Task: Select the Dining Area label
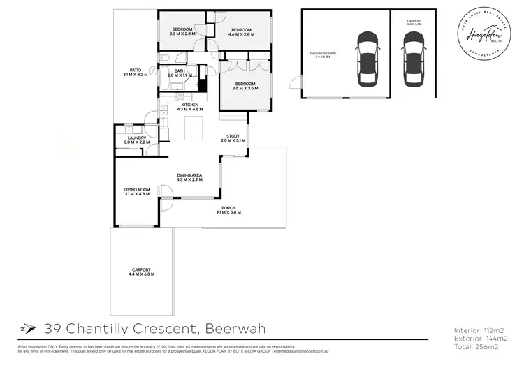(x=191, y=177)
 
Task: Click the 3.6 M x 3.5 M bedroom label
(x=245, y=87)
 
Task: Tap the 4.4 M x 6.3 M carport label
(x=140, y=272)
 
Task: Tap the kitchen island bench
(x=194, y=129)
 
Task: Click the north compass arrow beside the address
(x=27, y=328)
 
